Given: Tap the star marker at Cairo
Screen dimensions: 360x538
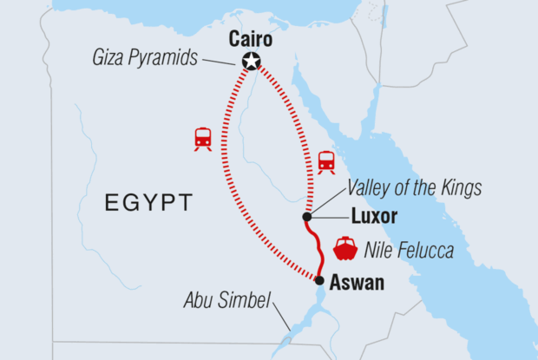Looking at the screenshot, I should tap(252, 61).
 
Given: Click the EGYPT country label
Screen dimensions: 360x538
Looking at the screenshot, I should tap(148, 203).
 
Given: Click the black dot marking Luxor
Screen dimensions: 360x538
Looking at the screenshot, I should tap(307, 217).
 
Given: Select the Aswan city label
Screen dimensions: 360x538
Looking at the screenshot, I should tap(357, 282).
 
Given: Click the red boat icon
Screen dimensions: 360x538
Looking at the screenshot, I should tap(345, 248).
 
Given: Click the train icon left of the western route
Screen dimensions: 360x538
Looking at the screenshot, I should tap(203, 138).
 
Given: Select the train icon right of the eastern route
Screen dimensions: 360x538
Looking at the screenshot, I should tap(326, 161).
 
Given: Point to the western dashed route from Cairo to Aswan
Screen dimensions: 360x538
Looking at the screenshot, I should tap(223, 173).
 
